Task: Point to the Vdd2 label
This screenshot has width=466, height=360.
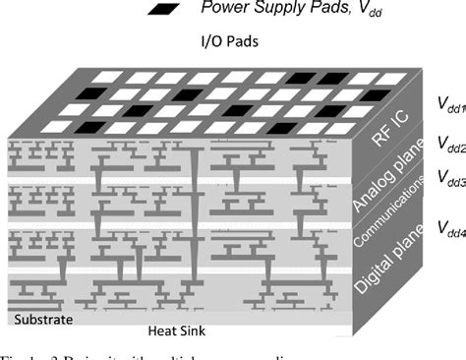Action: coord(448,149)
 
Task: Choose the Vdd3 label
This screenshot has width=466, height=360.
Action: coord(448,179)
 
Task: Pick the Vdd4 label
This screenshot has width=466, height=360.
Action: coord(448,227)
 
